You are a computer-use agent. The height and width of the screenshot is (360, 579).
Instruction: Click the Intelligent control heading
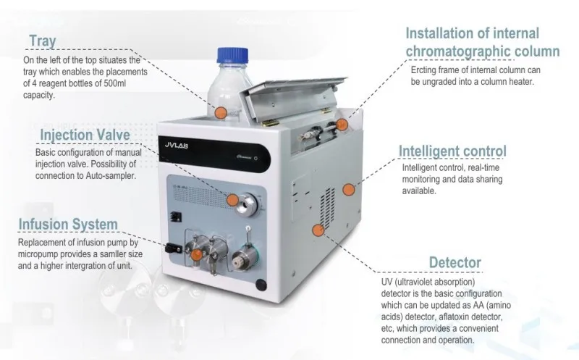(453, 151)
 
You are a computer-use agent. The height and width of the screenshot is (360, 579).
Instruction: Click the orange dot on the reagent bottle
(220, 112)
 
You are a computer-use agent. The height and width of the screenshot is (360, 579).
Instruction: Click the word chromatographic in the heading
(463, 51)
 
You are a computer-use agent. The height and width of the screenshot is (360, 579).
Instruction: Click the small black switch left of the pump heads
(172, 247)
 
